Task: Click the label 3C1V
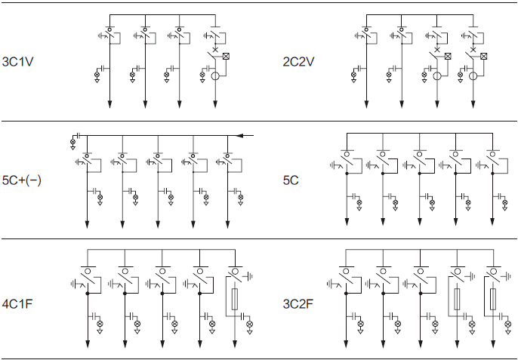[x=18, y=60]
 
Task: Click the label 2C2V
[x=301, y=60]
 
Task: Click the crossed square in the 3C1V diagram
[x=225, y=57]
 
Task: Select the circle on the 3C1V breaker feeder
[x=216, y=76]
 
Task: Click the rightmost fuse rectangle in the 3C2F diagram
[x=492, y=298]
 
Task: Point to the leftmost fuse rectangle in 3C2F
[x=456, y=298]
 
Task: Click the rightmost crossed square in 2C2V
[x=483, y=57]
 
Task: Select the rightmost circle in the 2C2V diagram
[x=473, y=76]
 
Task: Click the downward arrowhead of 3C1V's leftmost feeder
[x=109, y=103]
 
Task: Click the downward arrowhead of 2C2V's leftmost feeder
[x=367, y=103]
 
